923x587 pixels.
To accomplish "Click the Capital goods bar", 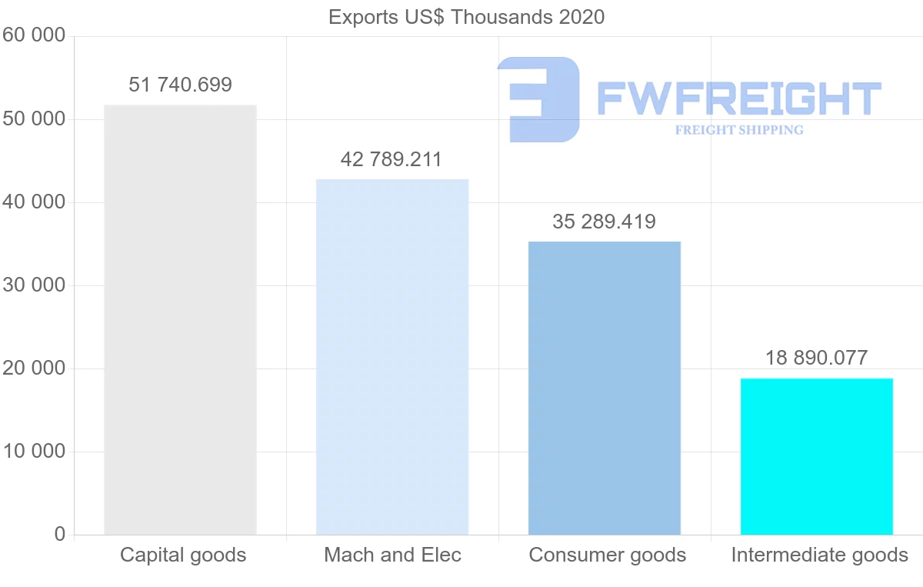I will coord(180,319).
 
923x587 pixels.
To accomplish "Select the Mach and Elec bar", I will coord(392,357).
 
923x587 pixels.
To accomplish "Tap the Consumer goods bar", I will coord(605,388).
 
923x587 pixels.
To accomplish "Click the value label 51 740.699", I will coord(180,85).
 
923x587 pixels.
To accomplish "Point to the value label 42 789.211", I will coord(392,160).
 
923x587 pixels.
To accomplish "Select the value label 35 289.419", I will coord(605,222).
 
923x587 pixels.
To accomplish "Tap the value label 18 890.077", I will coord(817,358).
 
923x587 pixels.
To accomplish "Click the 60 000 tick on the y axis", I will coord(34,36).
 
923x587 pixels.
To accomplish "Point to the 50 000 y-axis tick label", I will coord(34,119).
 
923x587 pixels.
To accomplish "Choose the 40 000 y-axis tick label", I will coord(34,202).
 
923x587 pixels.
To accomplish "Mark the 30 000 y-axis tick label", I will coord(34,285).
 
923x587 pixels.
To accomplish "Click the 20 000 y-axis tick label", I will coord(34,369).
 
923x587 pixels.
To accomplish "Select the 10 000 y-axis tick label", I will coord(34,452).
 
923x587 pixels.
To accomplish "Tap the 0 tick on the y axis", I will coord(60,535).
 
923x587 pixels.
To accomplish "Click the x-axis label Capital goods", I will coord(183,555).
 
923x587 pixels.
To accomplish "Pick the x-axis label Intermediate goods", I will coord(820,555).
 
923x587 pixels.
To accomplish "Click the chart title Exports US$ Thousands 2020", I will coord(466,17).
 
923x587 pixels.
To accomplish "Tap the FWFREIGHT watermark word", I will coord(738,99).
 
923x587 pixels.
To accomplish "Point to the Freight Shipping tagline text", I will coord(739,130).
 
